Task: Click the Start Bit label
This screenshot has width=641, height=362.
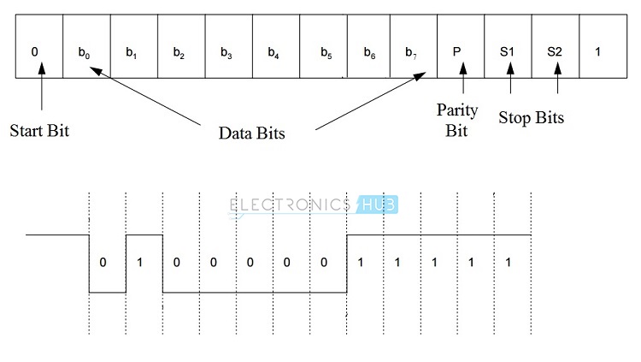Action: tap(39, 132)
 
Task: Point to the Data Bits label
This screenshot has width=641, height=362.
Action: tap(251, 133)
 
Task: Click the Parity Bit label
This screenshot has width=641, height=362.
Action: tap(457, 121)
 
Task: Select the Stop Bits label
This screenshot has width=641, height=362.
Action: tap(531, 117)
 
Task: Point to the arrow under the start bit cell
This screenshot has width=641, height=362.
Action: tap(40, 96)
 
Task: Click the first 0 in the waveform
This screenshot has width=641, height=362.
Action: tap(103, 262)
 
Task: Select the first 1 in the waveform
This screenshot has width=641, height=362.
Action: tap(141, 262)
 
